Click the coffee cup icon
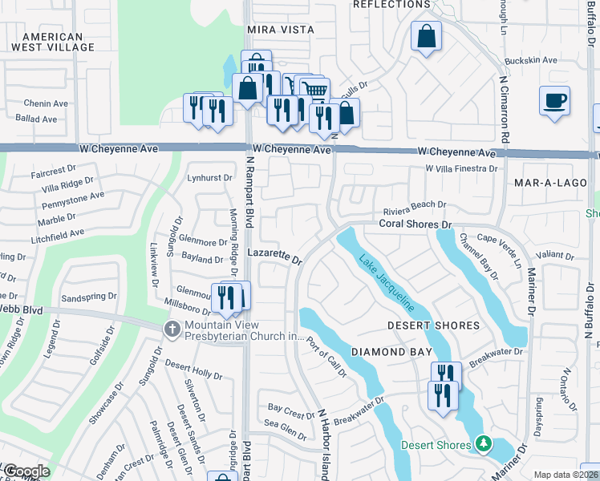[554, 101]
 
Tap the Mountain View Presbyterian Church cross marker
[171, 329]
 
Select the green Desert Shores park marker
[483, 443]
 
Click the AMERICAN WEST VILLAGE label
[53, 42]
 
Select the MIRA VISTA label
[280, 30]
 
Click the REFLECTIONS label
[391, 5]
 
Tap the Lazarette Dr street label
[274, 255]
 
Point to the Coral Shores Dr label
[416, 226]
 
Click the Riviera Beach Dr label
[414, 206]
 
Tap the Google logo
[26, 471]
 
